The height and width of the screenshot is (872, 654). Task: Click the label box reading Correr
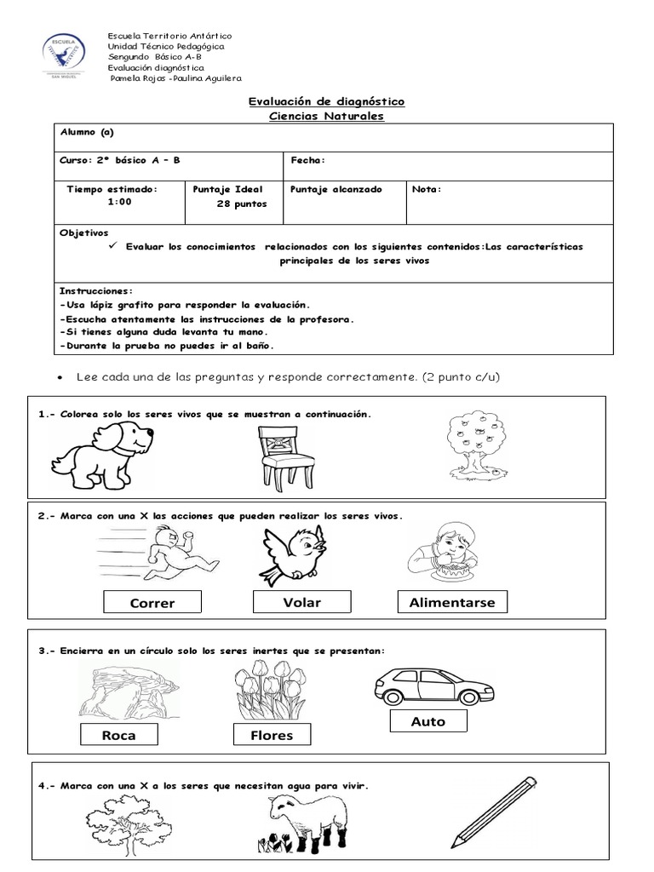(x=152, y=603)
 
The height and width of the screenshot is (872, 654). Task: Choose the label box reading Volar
(x=302, y=602)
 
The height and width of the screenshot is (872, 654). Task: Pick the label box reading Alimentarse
(x=452, y=602)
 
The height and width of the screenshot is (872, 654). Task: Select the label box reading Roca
(x=118, y=735)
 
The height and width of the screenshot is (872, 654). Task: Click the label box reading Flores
(x=272, y=735)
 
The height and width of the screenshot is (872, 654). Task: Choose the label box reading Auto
(x=427, y=721)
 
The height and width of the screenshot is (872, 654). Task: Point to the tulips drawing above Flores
(x=268, y=690)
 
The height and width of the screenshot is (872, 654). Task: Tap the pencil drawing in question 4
(x=495, y=812)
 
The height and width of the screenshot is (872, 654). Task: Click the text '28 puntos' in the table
(x=241, y=204)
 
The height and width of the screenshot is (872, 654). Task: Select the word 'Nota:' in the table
(x=427, y=189)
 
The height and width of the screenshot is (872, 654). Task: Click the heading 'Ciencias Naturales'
(x=326, y=116)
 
